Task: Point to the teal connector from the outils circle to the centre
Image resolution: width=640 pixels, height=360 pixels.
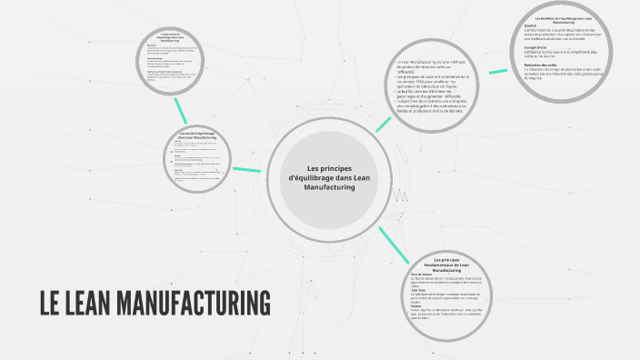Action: [x=245, y=169]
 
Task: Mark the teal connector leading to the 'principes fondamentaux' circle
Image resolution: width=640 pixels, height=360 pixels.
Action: [x=393, y=241]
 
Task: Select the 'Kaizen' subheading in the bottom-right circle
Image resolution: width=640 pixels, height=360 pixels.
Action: [x=416, y=305]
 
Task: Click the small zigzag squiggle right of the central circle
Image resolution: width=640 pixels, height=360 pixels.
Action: [x=400, y=194]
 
